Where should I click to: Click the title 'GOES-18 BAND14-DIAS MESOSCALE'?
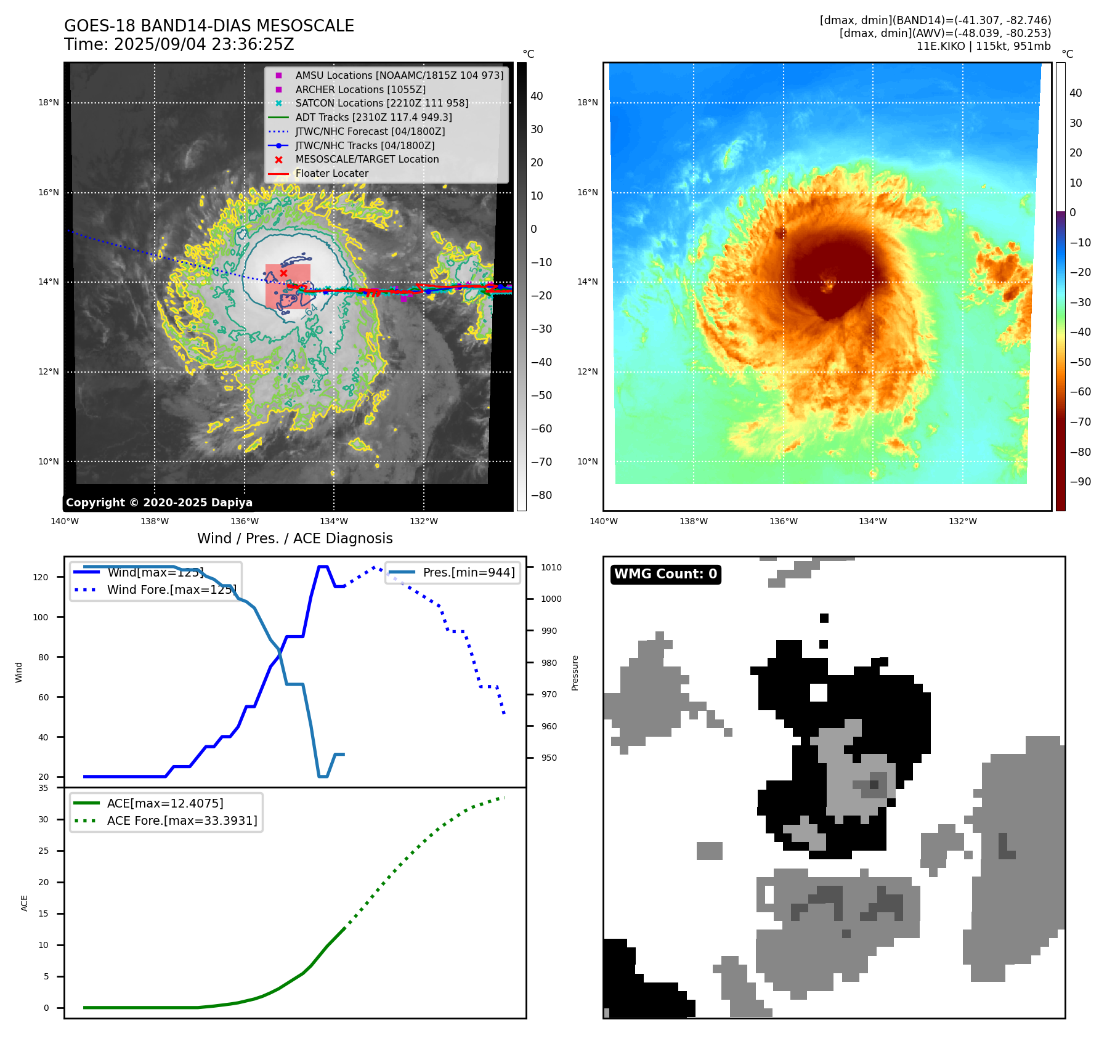209,26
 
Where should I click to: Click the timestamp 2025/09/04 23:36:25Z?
204,45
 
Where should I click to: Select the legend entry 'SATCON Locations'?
381,103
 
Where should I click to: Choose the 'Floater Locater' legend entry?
331,174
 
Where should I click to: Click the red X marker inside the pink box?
283,273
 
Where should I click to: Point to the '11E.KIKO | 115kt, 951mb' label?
983,46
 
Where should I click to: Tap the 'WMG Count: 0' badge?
665,574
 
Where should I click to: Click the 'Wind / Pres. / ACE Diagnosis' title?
294,538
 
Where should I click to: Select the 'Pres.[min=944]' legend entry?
468,572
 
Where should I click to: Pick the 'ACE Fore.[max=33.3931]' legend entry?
182,820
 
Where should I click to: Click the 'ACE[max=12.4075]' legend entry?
165,803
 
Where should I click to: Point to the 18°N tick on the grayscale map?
49,103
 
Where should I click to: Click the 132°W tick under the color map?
962,522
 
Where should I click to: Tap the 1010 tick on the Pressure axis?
551,567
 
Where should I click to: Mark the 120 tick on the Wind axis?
41,577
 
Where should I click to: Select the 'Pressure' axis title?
575,673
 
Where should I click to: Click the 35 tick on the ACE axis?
43,788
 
